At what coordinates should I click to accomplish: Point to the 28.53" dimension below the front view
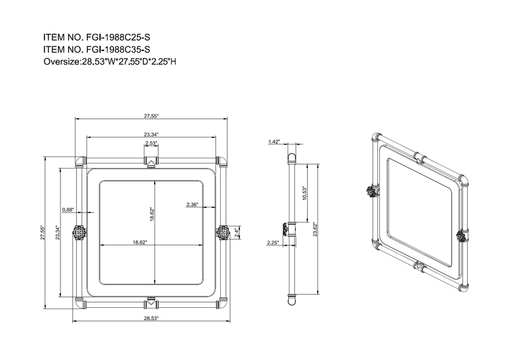[151, 318]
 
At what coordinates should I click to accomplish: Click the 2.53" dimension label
[151, 143]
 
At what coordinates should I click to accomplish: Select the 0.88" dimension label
[69, 209]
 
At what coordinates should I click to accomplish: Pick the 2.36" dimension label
[193, 204]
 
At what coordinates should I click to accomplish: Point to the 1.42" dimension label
[274, 141]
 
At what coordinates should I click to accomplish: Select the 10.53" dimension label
[305, 193]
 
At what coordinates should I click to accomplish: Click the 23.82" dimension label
[316, 229]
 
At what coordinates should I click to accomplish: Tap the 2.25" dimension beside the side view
[274, 242]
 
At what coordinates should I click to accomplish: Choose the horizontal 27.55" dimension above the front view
[151, 116]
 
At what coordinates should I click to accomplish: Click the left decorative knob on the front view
[79, 233]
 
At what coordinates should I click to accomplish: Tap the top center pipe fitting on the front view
[151, 160]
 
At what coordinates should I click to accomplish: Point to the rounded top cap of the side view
[292, 156]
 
